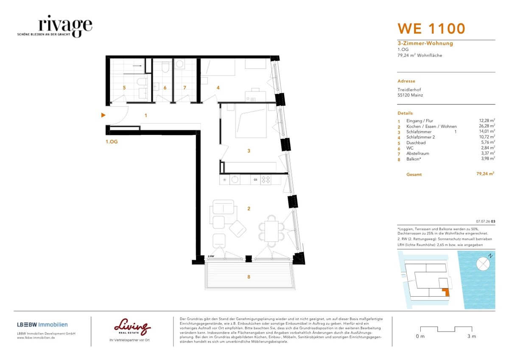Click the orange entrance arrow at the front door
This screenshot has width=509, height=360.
click(x=103, y=115)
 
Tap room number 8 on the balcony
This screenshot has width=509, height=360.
click(x=249, y=277)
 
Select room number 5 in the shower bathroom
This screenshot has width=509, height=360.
click(x=124, y=87)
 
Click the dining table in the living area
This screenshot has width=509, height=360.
click(x=271, y=231)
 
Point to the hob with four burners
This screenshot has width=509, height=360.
click(x=266, y=180)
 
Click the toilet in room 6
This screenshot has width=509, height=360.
click(x=165, y=67)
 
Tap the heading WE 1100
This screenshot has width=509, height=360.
click(x=431, y=28)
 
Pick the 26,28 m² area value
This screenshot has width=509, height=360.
click(x=487, y=126)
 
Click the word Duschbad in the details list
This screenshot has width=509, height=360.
click(x=416, y=143)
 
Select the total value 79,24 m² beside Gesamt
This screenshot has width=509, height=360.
click(x=485, y=174)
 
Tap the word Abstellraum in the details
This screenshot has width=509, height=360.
click(x=418, y=154)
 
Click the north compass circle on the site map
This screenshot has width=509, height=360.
click(x=483, y=264)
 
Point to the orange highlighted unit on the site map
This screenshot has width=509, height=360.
click(x=446, y=292)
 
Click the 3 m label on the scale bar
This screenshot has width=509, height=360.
click(x=472, y=336)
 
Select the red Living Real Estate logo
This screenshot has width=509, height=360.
click(x=132, y=326)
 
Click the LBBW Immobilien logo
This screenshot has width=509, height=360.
click(x=42, y=324)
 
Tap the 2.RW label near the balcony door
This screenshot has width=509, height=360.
click(x=211, y=256)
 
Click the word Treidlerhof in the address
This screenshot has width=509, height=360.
click(x=409, y=90)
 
